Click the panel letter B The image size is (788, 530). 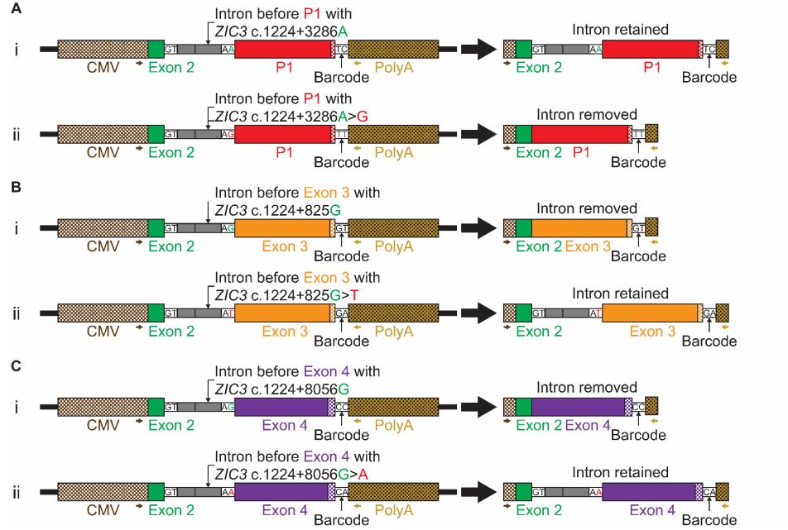[7, 187]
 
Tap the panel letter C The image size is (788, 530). [7, 365]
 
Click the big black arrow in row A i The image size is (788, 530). [478, 49]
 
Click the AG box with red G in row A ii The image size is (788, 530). [228, 134]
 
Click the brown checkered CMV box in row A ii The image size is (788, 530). [103, 134]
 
